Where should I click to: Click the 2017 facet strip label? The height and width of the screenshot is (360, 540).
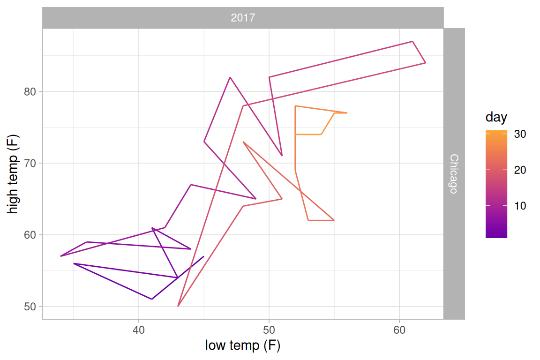pos(243,18)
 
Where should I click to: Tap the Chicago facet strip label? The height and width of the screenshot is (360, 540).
pos(454,173)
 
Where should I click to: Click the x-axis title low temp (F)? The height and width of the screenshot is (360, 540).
pos(243,346)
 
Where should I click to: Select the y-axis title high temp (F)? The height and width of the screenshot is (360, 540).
pos(13,173)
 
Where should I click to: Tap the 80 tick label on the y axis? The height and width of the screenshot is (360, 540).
pos(30,91)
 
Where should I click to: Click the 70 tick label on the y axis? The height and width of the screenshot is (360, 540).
pos(30,163)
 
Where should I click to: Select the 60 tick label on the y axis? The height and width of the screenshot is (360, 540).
pos(30,235)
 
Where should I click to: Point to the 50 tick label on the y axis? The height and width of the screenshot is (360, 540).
pos(30,307)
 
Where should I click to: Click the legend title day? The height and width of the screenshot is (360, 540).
pos(496,117)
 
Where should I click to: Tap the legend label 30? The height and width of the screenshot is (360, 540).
pos(520,134)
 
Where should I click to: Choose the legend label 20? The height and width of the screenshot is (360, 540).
pos(520,170)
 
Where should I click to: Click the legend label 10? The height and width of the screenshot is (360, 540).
pos(520,206)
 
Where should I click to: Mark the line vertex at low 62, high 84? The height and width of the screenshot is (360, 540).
pos(425,63)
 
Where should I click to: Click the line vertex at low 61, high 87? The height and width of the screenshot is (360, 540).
pos(412,42)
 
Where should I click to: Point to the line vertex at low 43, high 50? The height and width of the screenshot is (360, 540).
pos(178,306)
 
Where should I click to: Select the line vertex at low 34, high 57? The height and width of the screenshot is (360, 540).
pos(61,256)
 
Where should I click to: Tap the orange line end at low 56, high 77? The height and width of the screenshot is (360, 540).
pos(347,113)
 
